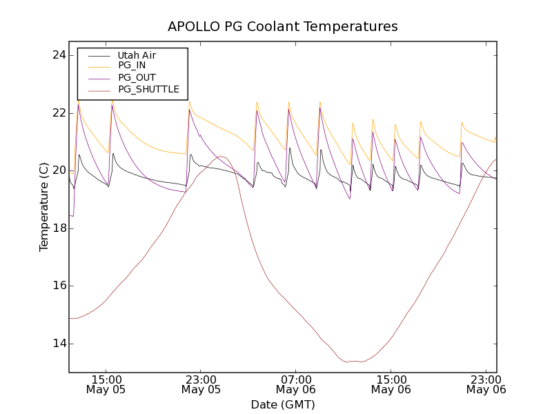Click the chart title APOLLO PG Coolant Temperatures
283,27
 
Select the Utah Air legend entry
137,55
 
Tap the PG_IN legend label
132,66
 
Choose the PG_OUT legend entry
137,77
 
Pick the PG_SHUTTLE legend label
148,89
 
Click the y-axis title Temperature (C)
44,207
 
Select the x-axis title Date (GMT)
283,404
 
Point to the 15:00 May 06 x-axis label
391,384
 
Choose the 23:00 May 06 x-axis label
486,384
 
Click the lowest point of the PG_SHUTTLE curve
359,362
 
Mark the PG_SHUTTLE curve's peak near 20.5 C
223,157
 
